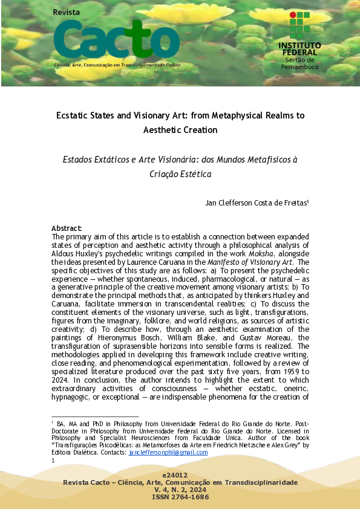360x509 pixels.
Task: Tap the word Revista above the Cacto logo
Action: click(x=67, y=12)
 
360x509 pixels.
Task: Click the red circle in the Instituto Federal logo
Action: click(x=292, y=14)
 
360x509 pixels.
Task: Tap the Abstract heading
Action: click(x=67, y=228)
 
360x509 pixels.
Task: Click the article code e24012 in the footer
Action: click(x=180, y=476)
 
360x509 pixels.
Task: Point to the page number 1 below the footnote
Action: click(x=54, y=460)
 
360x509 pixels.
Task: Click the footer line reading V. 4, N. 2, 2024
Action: click(x=180, y=490)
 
